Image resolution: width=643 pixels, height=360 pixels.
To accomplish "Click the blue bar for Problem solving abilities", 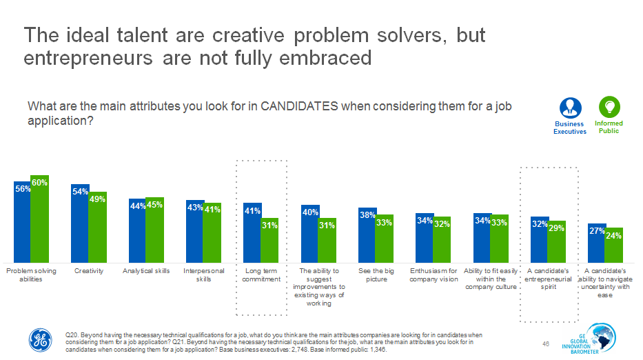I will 22,221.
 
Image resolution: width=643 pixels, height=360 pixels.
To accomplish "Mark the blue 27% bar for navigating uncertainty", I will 596,241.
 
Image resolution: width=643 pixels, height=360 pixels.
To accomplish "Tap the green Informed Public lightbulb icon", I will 609,107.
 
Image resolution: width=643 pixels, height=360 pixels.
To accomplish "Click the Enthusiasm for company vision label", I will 433,274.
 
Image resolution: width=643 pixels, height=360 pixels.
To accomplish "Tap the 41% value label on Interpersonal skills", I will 212,210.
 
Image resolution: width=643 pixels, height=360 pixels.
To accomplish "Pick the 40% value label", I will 309,212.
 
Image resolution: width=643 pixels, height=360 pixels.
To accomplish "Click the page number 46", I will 546,343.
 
